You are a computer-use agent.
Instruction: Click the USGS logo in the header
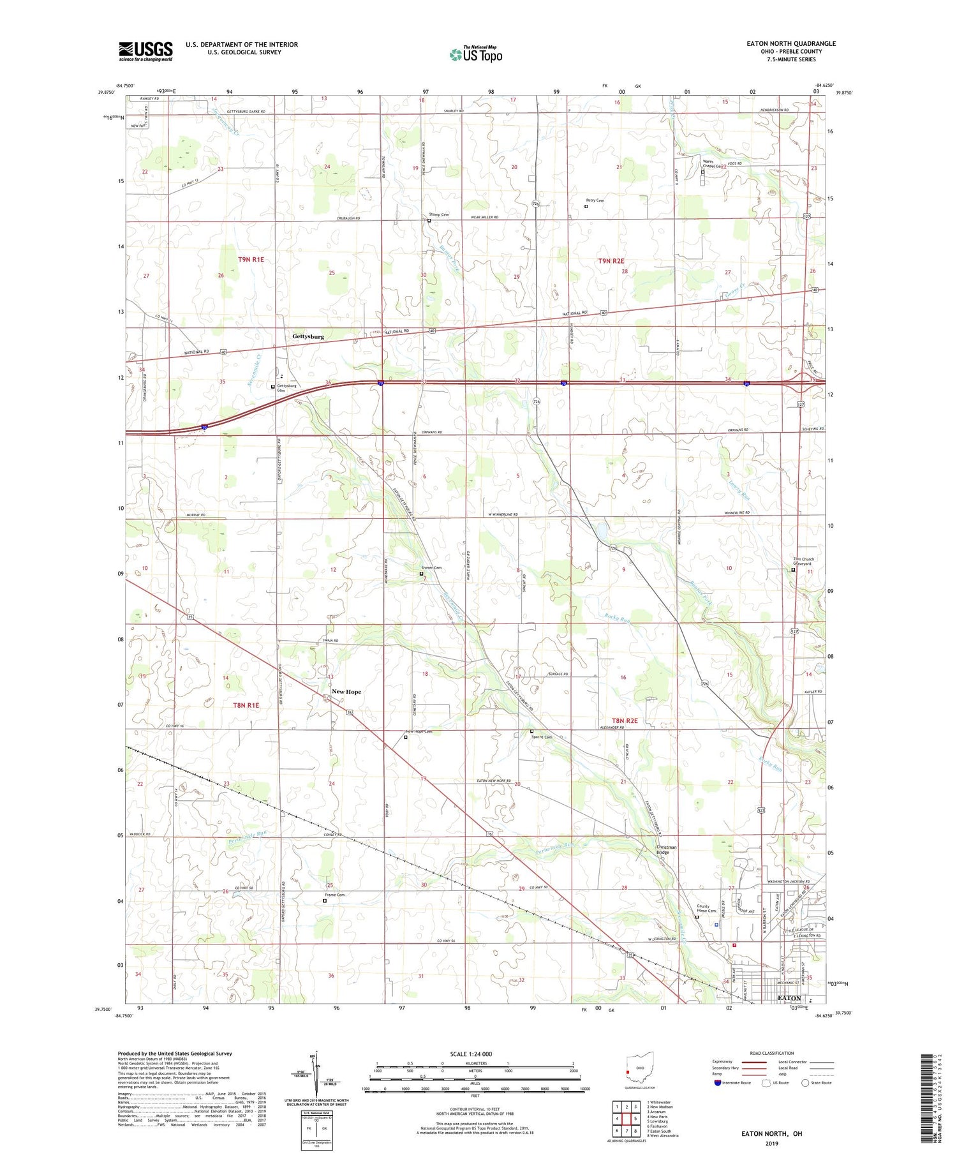(145, 51)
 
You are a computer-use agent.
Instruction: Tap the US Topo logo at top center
(475, 54)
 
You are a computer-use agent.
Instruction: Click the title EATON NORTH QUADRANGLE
(782, 43)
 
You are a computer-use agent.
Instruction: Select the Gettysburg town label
(308, 336)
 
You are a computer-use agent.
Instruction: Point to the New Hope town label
(346, 692)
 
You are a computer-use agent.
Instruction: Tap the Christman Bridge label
(666, 850)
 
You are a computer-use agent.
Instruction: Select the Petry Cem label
(595, 200)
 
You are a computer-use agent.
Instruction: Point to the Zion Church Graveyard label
(803, 562)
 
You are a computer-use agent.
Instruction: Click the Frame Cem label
(334, 895)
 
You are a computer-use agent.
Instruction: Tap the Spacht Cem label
(542, 736)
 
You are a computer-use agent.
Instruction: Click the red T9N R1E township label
(251, 260)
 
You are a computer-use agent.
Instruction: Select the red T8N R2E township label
(625, 720)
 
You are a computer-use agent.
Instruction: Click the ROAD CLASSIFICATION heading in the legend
(772, 1053)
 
